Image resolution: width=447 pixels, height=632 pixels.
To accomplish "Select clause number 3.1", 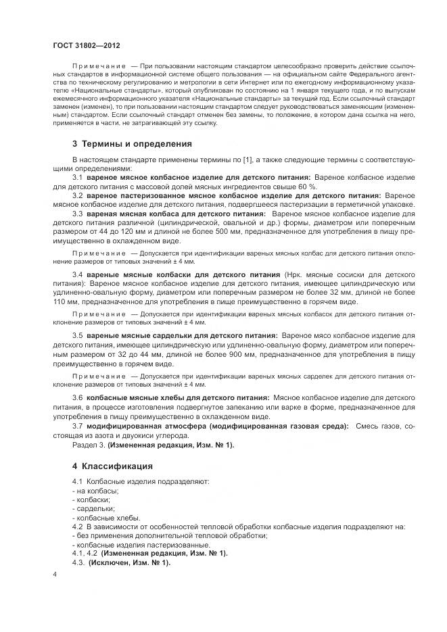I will coord(78,177).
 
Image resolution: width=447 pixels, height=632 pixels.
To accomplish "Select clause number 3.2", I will coord(78,195).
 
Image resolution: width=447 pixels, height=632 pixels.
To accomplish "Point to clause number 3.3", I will coord(78,214).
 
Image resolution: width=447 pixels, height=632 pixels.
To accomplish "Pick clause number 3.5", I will coord(78,335).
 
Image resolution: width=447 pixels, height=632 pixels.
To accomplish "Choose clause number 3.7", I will coord(78,426).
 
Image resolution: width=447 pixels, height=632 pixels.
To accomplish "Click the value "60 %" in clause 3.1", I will coord(298,186).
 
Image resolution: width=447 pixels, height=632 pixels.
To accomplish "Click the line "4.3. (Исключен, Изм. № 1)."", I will coord(121,562).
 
